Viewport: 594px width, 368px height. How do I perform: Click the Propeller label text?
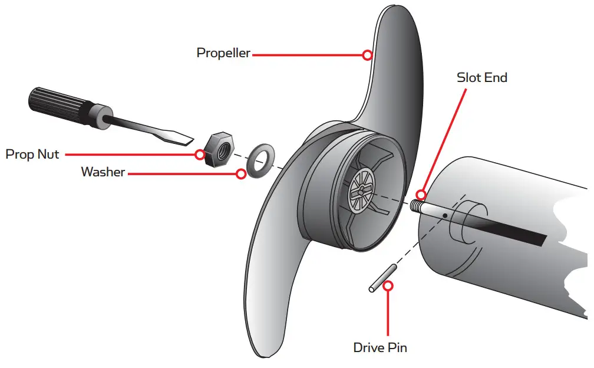coord(223,53)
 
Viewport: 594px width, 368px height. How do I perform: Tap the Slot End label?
coord(481,77)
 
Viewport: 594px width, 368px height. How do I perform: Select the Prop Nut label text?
coord(32,155)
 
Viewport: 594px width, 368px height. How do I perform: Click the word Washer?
coord(103,172)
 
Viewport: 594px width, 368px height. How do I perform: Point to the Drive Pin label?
coord(379,347)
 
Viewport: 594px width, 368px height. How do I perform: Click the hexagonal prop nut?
coord(218,150)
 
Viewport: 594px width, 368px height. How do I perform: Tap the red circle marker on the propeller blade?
coord(367,55)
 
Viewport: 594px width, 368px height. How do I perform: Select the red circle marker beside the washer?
coord(240,174)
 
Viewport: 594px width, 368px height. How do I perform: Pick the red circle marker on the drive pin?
coord(388,286)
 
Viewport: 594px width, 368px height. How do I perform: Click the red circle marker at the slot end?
coord(421,193)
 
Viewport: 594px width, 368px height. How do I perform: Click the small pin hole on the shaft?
coord(446,215)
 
